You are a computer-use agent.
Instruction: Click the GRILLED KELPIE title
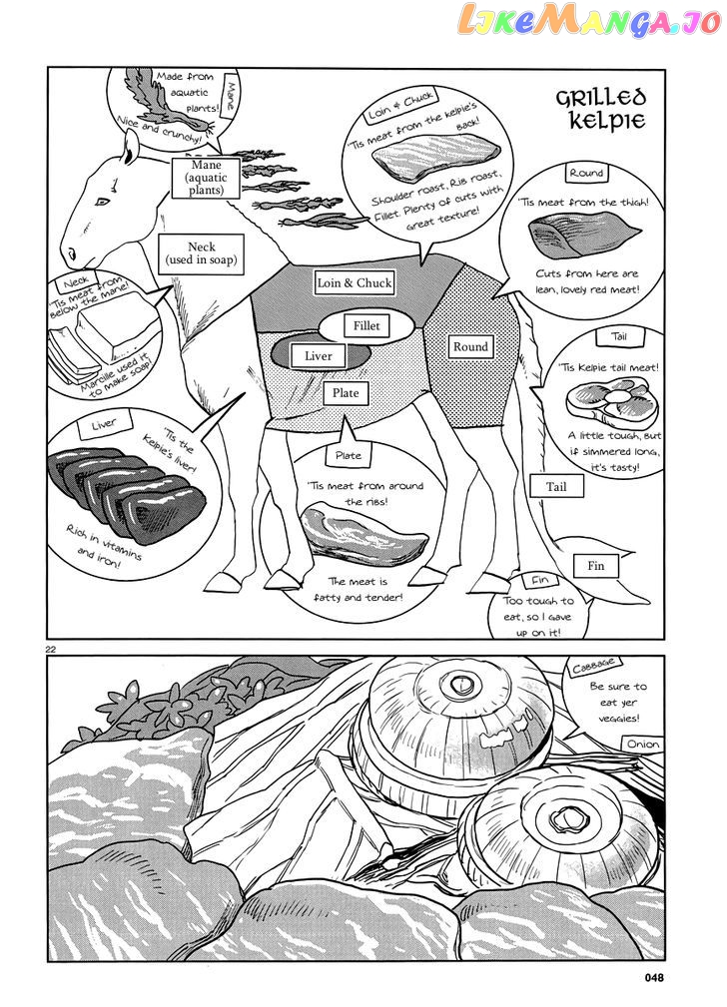602,110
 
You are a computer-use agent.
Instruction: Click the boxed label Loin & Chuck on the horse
354,283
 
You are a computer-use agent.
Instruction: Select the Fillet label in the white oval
366,326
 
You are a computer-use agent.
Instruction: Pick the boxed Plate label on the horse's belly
346,393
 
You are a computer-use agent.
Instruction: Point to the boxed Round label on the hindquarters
470,347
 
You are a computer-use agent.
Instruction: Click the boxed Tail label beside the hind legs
555,487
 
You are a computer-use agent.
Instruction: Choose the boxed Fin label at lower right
595,566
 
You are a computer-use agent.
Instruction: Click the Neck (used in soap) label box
201,254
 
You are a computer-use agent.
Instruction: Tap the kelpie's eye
101,203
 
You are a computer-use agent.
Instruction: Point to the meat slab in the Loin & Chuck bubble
435,159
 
